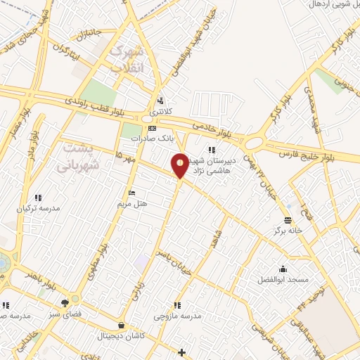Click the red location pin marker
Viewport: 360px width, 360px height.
180,165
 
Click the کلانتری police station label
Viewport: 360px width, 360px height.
159,112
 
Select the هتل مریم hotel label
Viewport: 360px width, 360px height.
131,203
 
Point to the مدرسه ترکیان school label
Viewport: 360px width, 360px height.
40,209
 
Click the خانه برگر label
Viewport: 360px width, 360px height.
288,231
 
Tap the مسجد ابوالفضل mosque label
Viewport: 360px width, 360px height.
283,279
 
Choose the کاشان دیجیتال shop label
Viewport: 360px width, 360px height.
122,336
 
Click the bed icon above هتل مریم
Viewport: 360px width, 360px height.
131,193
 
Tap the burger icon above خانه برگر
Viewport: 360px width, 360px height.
288,220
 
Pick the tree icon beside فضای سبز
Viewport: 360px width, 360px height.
65,304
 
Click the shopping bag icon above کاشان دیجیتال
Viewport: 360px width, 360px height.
122,326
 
